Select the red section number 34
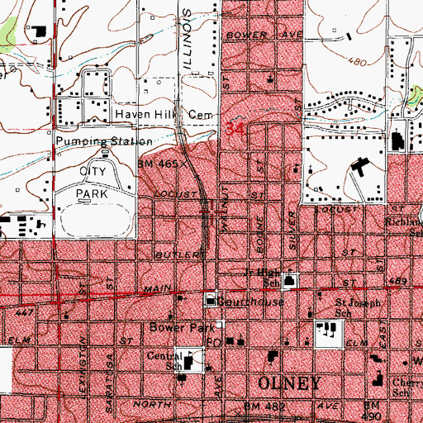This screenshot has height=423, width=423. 235,130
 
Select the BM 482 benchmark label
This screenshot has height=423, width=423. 261,407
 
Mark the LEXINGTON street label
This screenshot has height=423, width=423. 83,351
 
